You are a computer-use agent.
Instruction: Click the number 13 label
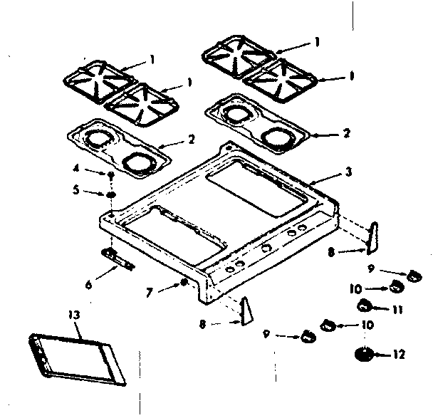pos(74,314)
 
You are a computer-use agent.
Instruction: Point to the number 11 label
pos(397,310)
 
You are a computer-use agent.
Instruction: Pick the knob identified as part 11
pos(364,305)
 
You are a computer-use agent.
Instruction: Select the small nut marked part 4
pos(113,174)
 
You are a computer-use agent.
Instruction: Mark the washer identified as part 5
pos(113,194)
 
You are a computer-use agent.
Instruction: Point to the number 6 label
pos(88,285)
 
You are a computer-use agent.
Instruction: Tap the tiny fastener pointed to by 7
pos(184,283)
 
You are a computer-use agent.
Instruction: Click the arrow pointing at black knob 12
pos(381,353)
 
